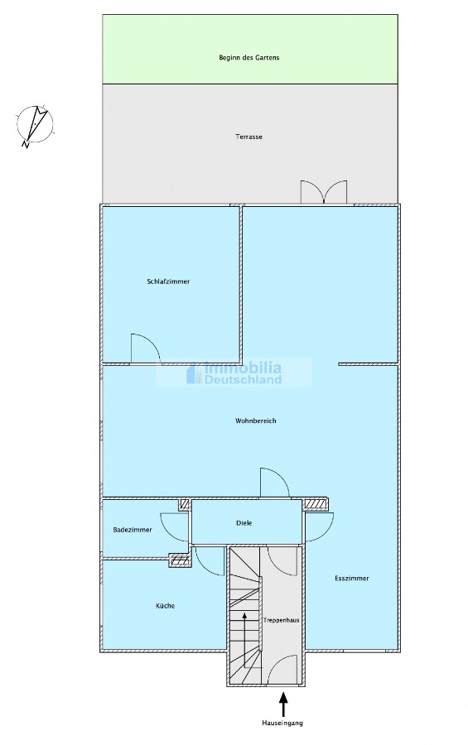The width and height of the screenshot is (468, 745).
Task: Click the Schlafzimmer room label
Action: pos(168,281)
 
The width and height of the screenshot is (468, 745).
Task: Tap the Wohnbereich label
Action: pos(255,421)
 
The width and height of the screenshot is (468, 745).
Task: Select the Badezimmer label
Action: pos(133,530)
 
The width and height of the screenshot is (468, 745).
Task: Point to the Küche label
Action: pos(165,606)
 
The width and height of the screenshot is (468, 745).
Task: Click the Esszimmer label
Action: pos(352,579)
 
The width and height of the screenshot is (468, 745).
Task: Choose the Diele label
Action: pos(244,523)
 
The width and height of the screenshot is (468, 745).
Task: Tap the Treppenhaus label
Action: pos(282,620)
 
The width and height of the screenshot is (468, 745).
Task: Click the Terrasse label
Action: pos(248,137)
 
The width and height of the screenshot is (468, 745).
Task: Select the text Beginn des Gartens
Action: pos(248,57)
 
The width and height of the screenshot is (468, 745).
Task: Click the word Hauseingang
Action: pos(282,723)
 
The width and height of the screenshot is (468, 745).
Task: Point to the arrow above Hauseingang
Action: pos(283,704)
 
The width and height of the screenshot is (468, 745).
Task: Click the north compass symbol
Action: pos(35,124)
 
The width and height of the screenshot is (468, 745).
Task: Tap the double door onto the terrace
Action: pos(324,192)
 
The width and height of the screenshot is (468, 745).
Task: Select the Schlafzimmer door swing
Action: pos(145,349)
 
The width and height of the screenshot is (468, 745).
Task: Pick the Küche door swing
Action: pos(209,561)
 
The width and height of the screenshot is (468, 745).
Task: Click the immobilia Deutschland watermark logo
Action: pos(234,373)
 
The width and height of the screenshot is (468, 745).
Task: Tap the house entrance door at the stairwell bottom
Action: pos(282,670)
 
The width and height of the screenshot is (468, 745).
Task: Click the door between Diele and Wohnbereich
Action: pos(274,483)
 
